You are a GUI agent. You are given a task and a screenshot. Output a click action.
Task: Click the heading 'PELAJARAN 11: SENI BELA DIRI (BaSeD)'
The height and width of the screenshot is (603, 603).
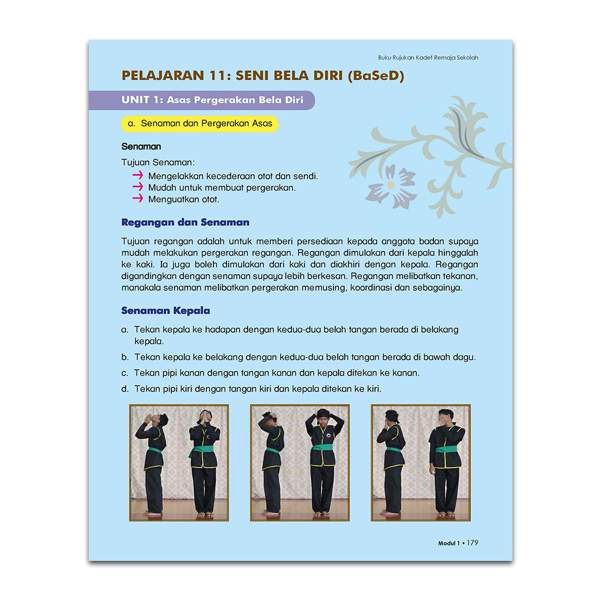click(x=263, y=75)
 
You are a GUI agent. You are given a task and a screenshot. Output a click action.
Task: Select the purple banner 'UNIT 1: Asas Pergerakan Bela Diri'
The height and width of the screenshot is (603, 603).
click(x=202, y=100)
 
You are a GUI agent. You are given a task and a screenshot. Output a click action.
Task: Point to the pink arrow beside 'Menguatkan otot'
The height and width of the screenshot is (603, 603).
click(x=138, y=199)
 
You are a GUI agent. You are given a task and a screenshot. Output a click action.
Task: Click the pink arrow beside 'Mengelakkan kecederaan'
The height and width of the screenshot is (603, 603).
click(x=138, y=175)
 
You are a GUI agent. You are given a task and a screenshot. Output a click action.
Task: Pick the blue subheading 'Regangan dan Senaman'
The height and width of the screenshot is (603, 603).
click(x=185, y=222)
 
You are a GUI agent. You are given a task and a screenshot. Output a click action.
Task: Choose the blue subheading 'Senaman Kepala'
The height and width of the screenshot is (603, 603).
click(x=166, y=311)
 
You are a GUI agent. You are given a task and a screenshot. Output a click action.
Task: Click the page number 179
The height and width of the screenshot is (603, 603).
click(x=473, y=543)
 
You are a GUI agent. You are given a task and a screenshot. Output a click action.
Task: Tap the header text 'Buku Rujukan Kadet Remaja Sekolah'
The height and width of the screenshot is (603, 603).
click(x=428, y=57)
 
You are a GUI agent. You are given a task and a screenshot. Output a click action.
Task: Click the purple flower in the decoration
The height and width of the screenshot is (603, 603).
click(x=391, y=186)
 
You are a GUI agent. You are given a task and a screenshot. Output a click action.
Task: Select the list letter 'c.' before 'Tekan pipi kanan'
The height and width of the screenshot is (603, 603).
click(x=125, y=373)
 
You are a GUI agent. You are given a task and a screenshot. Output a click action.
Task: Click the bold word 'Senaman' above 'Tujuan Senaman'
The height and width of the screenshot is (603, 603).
click(x=141, y=147)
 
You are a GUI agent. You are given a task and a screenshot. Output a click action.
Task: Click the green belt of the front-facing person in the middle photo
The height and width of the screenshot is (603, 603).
click(x=323, y=447)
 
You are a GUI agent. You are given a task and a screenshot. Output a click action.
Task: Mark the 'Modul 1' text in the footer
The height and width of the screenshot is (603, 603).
click(x=449, y=543)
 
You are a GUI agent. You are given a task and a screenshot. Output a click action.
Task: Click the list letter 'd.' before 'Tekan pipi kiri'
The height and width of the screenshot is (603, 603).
click(x=125, y=389)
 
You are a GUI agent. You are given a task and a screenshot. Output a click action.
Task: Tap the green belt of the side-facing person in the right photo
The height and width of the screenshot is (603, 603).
click(x=394, y=449)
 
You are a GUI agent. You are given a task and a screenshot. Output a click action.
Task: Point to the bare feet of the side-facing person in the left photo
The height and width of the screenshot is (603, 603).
click(x=152, y=513)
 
